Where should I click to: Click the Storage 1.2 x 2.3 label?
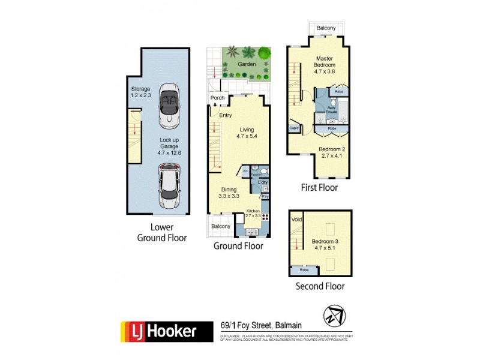coord(142,92)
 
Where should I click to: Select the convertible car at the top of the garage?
coord(170,106)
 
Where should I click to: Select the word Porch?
coord(217,98)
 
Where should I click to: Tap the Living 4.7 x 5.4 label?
coord(247,133)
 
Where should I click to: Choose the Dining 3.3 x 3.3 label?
coord(228,191)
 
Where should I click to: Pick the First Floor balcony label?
coord(326,28)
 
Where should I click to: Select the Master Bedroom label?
coord(326,65)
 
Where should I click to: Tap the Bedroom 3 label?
coord(325,244)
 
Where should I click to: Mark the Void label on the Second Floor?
coord(296,220)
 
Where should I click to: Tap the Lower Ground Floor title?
coord(161,233)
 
